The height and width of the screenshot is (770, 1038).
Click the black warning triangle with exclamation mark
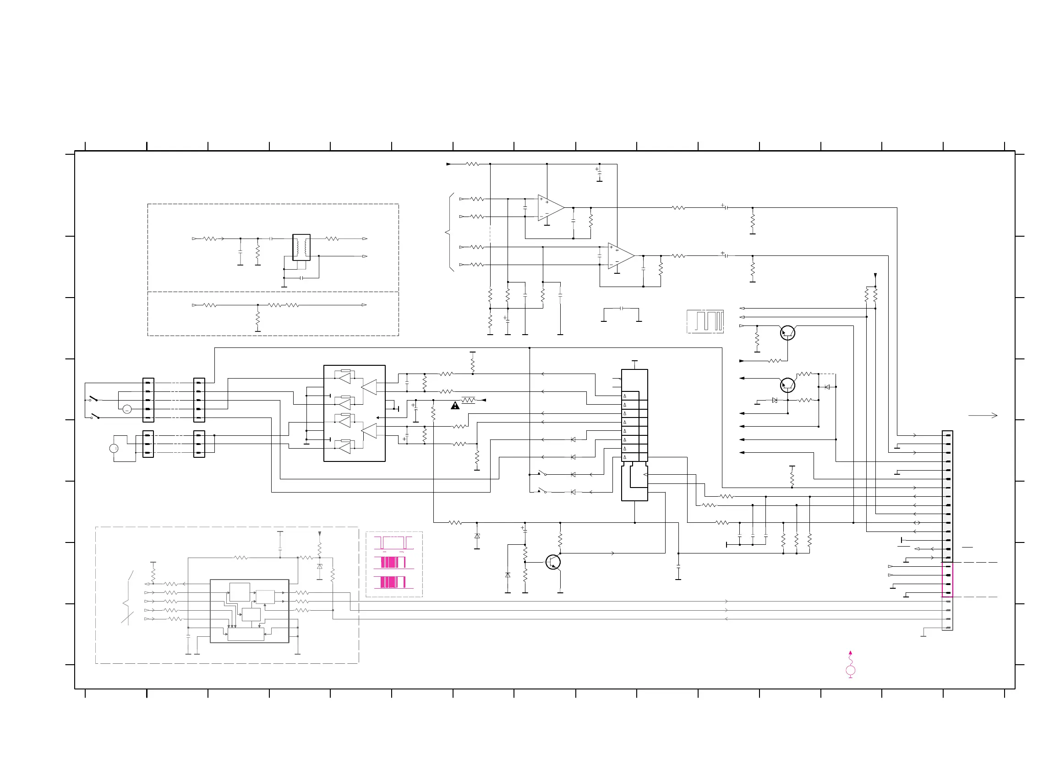click(455, 406)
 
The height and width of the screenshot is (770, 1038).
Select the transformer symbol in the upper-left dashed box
click(301, 247)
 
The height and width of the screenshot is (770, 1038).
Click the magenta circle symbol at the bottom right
click(850, 670)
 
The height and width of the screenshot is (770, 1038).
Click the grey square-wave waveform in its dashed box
click(705, 321)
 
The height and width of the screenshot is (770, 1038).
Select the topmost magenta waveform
click(393, 542)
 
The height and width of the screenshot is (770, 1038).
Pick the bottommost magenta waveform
click(393, 582)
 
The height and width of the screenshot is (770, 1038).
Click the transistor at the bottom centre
click(553, 562)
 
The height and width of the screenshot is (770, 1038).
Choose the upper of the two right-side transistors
click(787, 333)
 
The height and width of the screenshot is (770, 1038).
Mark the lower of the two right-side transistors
click(787, 385)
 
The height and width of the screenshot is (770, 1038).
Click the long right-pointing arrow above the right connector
click(983, 415)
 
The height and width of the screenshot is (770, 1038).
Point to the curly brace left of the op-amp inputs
click(449, 232)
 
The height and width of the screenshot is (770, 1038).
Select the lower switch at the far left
click(95, 416)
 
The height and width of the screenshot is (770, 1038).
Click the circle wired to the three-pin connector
click(114, 448)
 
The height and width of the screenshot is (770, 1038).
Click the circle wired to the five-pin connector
click(127, 409)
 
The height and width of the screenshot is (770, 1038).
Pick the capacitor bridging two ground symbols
click(621, 309)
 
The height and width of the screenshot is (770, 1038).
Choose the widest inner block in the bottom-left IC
click(246, 634)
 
